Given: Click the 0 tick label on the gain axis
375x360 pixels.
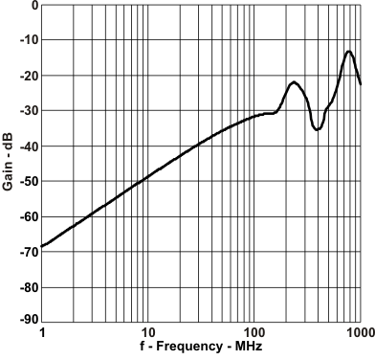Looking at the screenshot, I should [x=33, y=6].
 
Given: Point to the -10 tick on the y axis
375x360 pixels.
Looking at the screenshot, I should [x=28, y=40].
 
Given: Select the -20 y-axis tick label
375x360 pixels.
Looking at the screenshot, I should [x=28, y=76].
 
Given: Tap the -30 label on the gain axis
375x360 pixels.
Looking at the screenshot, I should [x=28, y=111].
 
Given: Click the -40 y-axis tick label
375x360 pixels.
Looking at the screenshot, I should [x=28, y=146].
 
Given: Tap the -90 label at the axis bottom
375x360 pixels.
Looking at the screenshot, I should [x=28, y=320].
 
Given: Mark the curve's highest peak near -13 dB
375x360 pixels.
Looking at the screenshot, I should [x=349, y=52].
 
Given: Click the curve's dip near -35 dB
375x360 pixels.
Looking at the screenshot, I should [x=318, y=128].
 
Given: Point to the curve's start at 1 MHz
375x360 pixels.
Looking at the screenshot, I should [x=43, y=247].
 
